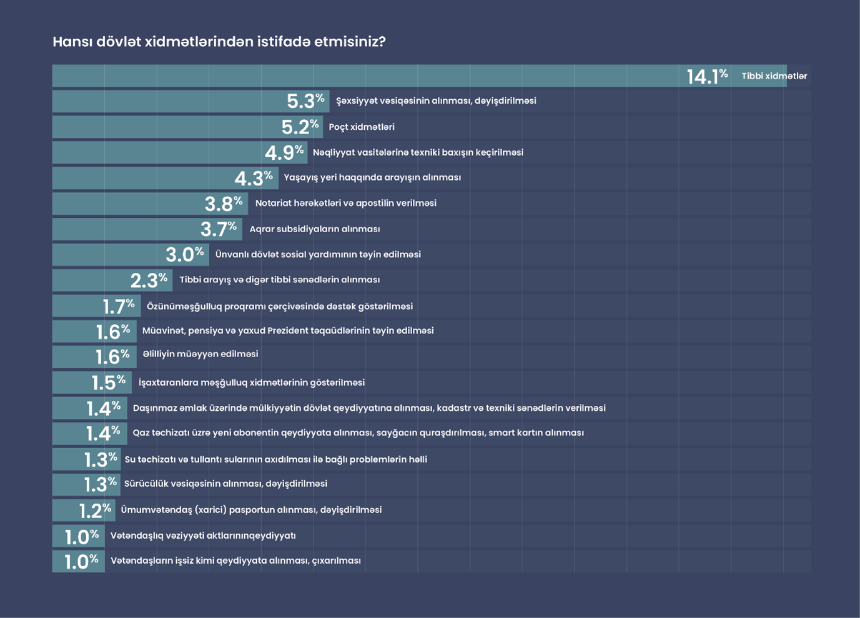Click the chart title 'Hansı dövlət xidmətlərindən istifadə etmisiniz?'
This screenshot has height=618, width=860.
[219, 42]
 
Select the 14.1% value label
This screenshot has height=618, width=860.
[707, 76]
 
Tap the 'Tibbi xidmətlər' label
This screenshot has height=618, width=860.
[774, 76]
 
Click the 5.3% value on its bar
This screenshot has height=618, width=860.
[305, 101]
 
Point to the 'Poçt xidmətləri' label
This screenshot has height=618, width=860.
[362, 127]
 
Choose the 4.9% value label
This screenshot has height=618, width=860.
[284, 152]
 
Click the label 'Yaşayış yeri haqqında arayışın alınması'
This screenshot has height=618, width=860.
[372, 177]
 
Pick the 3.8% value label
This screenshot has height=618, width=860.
[224, 204]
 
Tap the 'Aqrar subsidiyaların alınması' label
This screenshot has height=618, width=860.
[315, 229]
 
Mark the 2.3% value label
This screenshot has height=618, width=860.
[149, 280]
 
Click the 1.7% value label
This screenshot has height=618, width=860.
[119, 307]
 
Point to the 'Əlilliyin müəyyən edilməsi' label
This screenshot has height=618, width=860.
[200, 354]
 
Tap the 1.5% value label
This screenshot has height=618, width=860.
[109, 382]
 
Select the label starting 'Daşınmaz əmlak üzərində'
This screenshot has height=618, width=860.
[369, 408]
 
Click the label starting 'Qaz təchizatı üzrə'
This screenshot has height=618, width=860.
[358, 433]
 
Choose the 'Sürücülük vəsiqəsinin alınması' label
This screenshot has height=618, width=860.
[225, 484]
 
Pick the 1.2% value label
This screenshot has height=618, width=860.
[95, 511]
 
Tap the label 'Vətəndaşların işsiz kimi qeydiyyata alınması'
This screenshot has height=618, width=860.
[235, 561]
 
